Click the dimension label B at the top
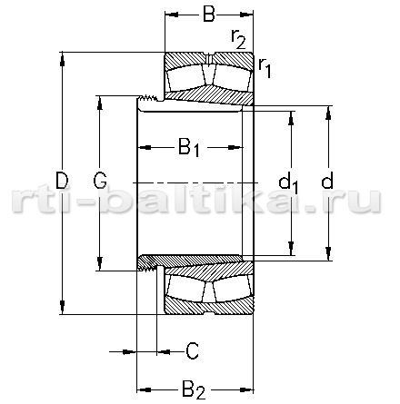pyautogui.click(x=209, y=14)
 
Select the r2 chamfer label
pyautogui.click(x=238, y=39)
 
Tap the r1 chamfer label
pyautogui.click(x=265, y=68)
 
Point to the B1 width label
pyautogui.click(x=189, y=147)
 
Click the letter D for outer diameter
pyautogui.click(x=62, y=180)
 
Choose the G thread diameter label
pyautogui.click(x=100, y=181)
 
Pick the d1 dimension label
pyautogui.click(x=288, y=182)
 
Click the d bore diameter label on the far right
pyautogui.click(x=327, y=180)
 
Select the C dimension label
pyautogui.click(x=192, y=351)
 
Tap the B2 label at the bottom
pyautogui.click(x=194, y=390)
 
